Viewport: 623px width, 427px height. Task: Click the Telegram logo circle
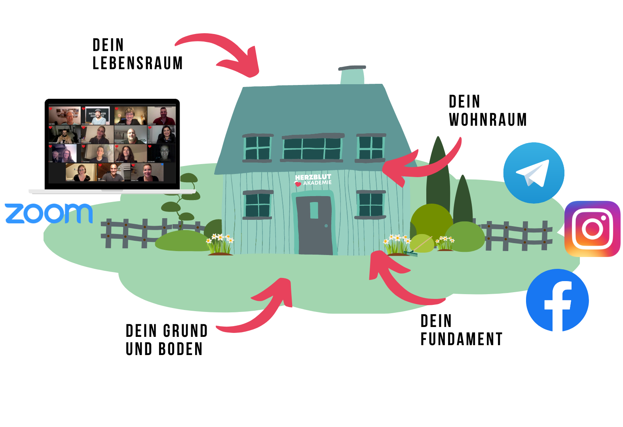pos(534,173)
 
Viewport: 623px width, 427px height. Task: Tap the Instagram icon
pos(592,229)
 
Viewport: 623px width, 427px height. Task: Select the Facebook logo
pos(557,300)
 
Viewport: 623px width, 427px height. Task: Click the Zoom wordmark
pos(49,213)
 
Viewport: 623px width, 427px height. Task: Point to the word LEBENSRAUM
pos(137,63)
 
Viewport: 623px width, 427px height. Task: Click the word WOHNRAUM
pos(488,120)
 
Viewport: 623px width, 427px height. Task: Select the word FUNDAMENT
pos(462,339)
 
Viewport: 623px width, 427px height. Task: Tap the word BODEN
pos(180,349)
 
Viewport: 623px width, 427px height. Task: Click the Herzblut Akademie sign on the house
pos(313,180)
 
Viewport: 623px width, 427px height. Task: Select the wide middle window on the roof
pos(312,148)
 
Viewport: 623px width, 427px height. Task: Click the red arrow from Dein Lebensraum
pos(226,51)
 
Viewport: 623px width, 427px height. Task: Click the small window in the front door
pos(314,210)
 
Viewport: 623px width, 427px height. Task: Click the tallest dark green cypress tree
pos(438,174)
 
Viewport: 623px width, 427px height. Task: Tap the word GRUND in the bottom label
pos(185,331)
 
